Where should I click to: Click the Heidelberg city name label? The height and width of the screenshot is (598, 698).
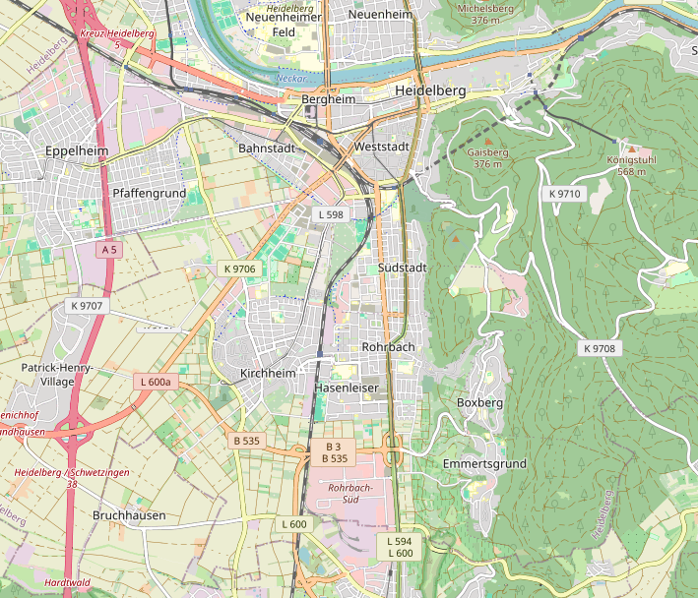[x=429, y=90]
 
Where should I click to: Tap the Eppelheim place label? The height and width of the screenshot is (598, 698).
[x=76, y=151]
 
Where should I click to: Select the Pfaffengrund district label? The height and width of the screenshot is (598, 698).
[x=149, y=194]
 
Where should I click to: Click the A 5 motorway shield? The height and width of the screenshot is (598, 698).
[x=108, y=250]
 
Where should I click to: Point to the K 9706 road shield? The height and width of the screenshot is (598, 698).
[x=239, y=269]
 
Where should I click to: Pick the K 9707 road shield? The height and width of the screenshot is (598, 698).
[x=87, y=306]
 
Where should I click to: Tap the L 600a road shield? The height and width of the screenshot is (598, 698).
[x=156, y=382]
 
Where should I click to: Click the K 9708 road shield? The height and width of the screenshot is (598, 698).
[x=598, y=349]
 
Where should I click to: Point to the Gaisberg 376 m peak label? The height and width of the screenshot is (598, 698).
[x=488, y=158]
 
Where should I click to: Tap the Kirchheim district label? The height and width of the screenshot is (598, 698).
[x=268, y=374]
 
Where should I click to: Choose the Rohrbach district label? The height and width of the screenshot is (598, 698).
[x=389, y=348]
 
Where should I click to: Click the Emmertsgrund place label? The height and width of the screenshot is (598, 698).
[x=484, y=463]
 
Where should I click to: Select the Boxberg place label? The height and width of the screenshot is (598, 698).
[x=480, y=403]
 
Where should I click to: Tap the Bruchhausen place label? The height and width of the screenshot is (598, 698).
[x=129, y=515]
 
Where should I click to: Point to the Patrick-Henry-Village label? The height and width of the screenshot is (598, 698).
[x=57, y=374]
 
